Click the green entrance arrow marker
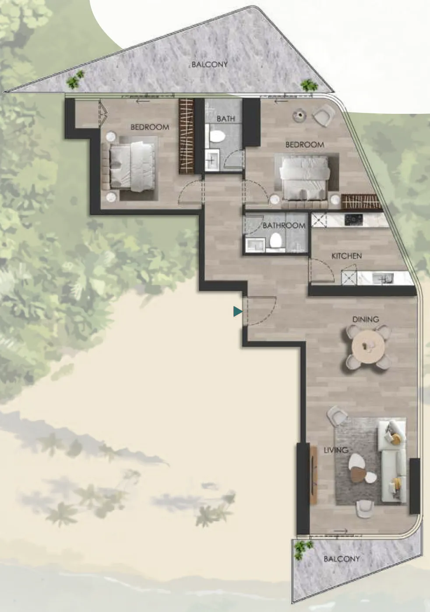point(237,311)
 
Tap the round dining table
point(368,347)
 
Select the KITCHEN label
point(346,256)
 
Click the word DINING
point(366,319)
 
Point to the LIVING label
point(336,450)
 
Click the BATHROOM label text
point(284,225)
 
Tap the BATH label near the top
point(226,119)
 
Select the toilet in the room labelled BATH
point(217,136)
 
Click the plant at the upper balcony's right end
point(309,85)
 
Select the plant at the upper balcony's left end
point(74,80)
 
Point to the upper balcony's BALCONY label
point(209,64)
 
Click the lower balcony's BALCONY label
point(342,559)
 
